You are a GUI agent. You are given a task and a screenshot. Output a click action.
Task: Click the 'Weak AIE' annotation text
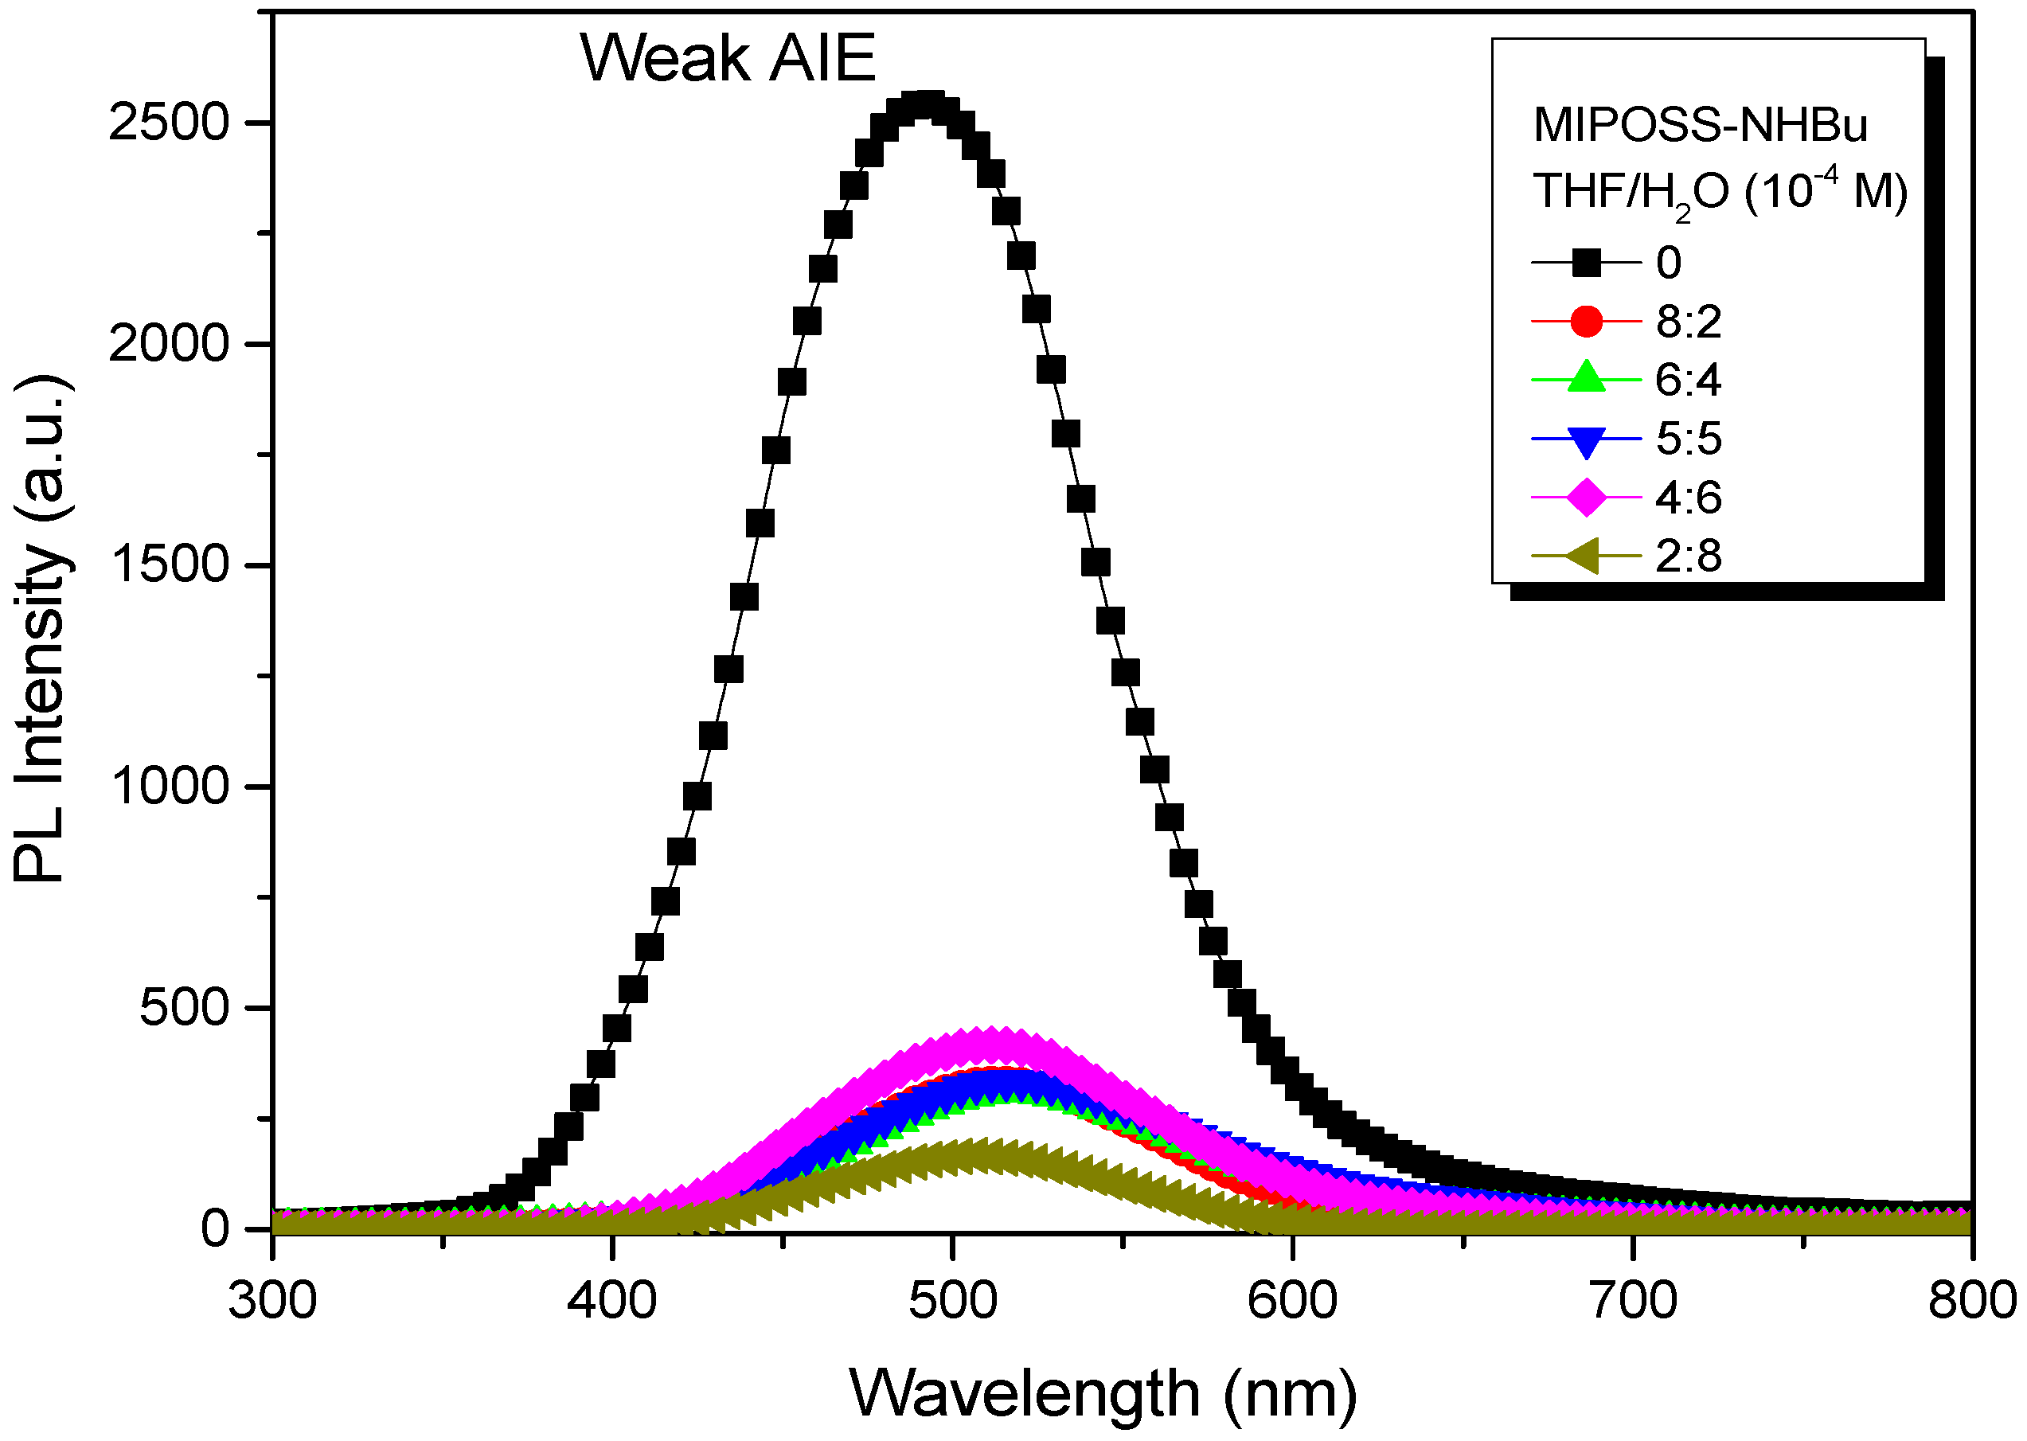(x=728, y=59)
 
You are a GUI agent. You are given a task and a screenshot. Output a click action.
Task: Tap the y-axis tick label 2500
(x=169, y=122)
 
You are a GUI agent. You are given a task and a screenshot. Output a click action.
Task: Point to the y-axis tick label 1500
(x=169, y=564)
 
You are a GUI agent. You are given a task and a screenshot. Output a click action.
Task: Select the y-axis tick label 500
(x=185, y=1008)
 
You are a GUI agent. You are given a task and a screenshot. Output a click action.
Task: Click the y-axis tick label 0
(x=216, y=1230)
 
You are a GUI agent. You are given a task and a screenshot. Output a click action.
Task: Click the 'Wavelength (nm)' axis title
(x=1103, y=1394)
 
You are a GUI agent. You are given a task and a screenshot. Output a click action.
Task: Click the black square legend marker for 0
(x=1586, y=262)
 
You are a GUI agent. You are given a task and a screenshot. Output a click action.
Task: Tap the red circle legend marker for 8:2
(x=1586, y=320)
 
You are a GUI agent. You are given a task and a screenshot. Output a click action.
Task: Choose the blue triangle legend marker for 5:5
(x=1586, y=439)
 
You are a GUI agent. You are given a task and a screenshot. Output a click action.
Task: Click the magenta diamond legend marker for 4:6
(x=1586, y=497)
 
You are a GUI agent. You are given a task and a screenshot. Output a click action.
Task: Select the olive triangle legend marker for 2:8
(x=1583, y=556)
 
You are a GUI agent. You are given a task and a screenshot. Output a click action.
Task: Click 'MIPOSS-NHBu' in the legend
(x=1700, y=125)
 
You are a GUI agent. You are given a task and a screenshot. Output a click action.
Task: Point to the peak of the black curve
(x=927, y=106)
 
